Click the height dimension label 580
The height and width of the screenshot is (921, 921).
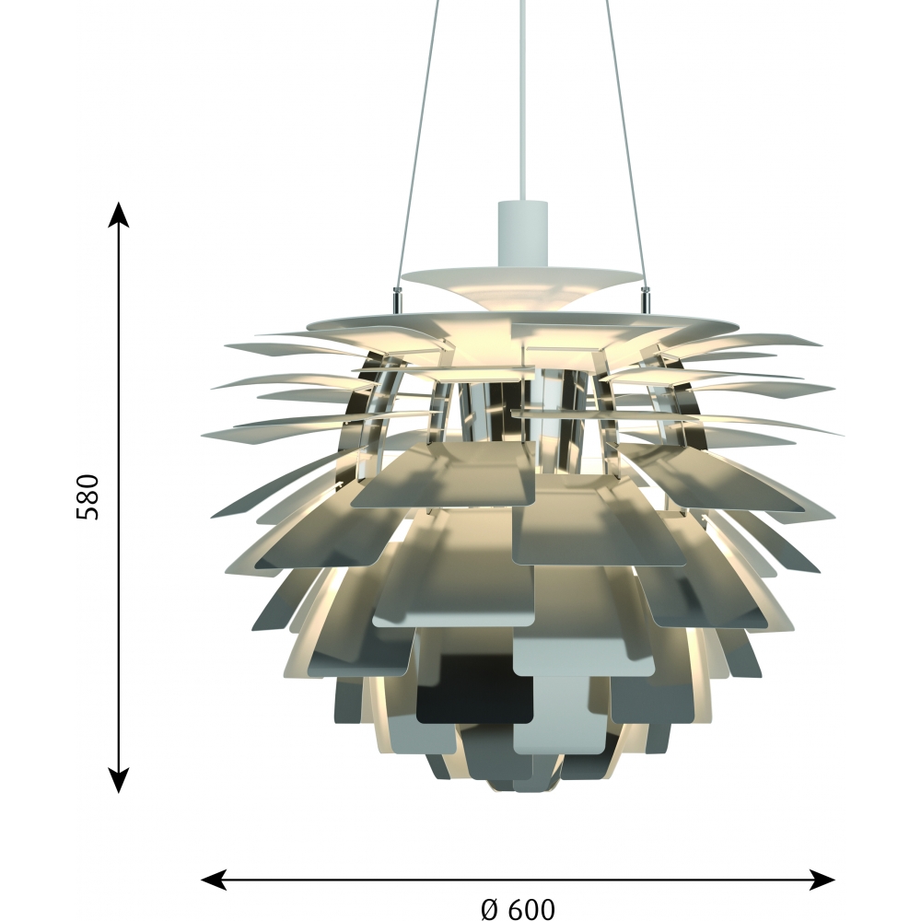coord(88,497)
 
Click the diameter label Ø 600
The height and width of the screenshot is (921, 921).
coord(518,909)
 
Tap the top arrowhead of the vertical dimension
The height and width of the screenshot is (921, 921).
coord(119,214)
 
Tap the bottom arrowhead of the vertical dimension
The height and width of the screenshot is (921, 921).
coord(119,781)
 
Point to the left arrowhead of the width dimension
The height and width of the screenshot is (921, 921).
coord(214,880)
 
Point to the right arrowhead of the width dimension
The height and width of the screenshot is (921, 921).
coord(822,880)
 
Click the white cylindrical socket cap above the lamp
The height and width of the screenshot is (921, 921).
coord(522,233)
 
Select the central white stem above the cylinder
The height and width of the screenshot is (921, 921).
coord(522,99)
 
